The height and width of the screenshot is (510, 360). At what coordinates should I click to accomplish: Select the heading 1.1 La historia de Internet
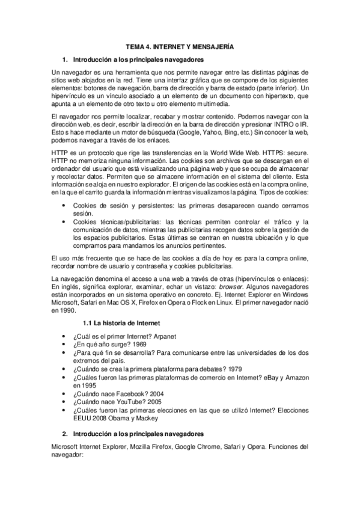tap(121, 324)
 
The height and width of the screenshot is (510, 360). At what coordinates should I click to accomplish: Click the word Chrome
tap(204, 447)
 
